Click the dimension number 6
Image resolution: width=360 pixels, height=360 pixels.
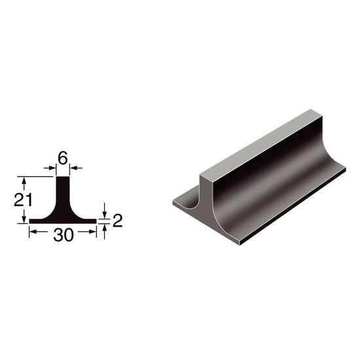point(63,158)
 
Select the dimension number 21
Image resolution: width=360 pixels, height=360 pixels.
point(23,200)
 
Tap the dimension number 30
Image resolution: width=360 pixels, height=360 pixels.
point(63,235)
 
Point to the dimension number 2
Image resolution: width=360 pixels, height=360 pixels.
point(118,221)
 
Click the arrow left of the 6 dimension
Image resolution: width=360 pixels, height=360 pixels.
point(50,168)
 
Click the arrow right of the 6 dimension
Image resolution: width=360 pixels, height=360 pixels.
point(76,168)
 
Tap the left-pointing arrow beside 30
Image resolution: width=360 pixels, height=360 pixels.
point(39,232)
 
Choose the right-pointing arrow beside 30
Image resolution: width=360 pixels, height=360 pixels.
point(87,232)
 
